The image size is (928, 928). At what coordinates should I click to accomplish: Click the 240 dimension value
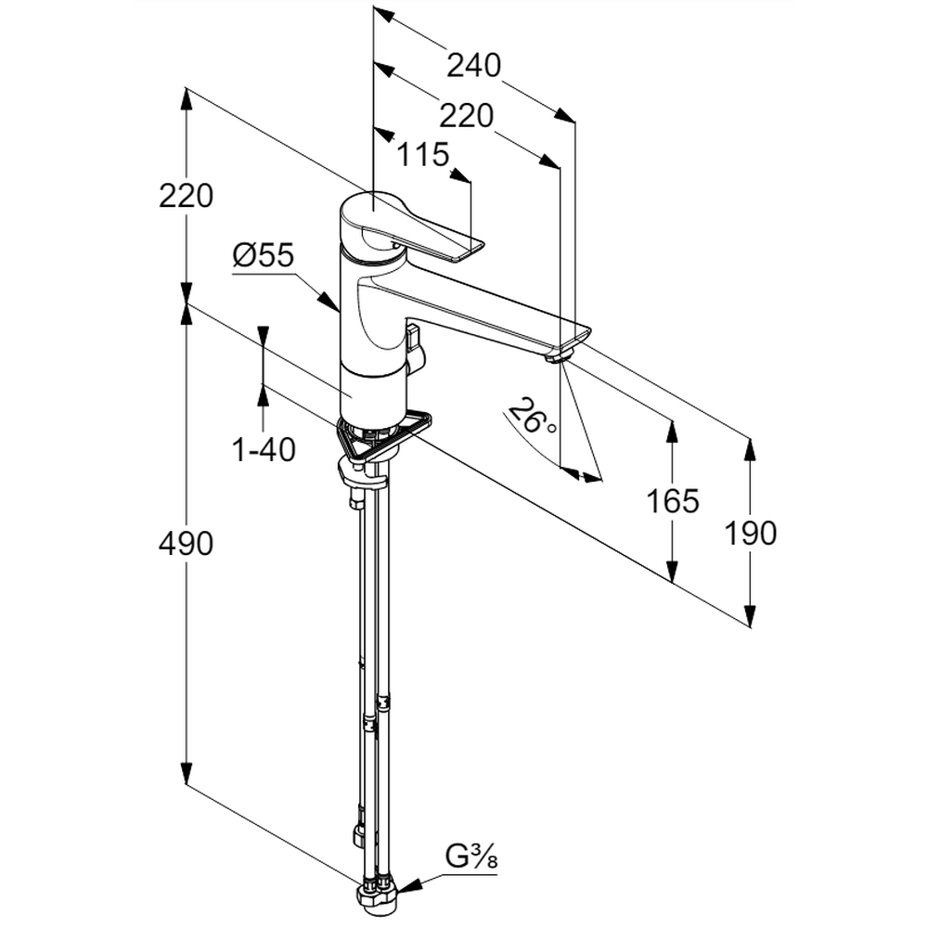(473, 65)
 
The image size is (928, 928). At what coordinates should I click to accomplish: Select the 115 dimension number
(422, 154)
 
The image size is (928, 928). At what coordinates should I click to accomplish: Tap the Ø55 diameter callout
(263, 255)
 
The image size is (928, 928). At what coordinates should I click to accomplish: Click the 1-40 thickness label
(264, 450)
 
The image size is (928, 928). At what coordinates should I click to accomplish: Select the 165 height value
(673, 501)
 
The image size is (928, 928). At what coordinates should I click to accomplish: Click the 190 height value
(750, 532)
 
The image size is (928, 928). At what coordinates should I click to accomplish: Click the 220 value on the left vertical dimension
(186, 196)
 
